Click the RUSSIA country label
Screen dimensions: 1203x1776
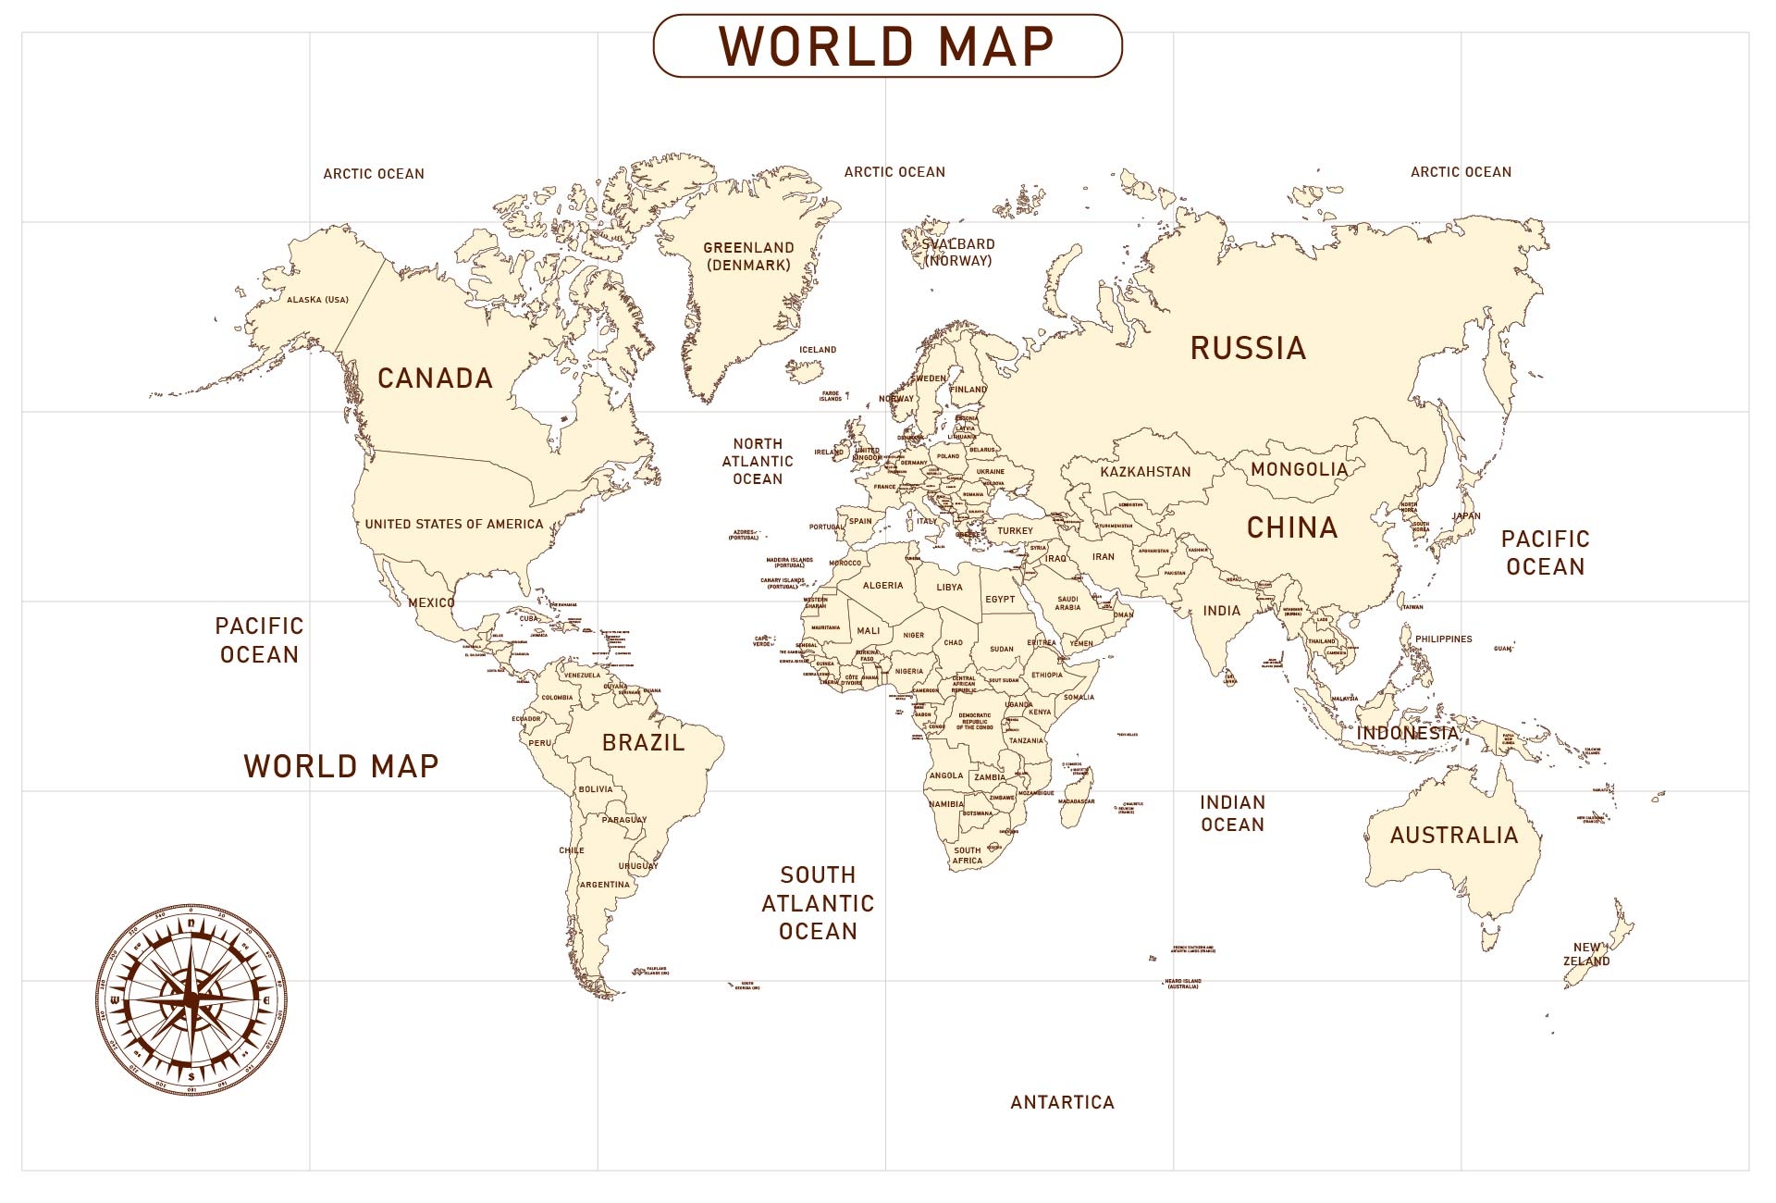(1248, 348)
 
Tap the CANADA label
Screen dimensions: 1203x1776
(435, 378)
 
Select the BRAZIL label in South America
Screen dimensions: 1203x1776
(643, 742)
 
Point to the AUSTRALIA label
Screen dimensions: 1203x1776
(1453, 835)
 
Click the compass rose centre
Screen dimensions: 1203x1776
(191, 998)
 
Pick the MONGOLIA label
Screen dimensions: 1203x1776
(1299, 469)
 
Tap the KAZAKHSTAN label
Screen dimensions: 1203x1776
(1145, 472)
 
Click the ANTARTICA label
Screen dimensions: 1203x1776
(1062, 1102)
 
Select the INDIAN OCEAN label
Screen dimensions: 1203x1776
(1232, 813)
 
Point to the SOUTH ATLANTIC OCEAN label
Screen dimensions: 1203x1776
(818, 903)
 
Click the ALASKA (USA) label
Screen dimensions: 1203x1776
(317, 300)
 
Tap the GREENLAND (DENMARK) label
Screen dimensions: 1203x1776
(748, 256)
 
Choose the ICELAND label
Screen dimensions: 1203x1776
(817, 350)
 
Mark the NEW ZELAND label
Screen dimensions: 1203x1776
(1586, 954)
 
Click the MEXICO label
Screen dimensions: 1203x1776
(431, 602)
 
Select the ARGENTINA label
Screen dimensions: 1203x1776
(604, 885)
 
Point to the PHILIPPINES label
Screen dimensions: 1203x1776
(1443, 639)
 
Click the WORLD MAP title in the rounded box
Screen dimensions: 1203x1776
(887, 45)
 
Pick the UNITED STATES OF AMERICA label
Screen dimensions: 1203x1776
(453, 524)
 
